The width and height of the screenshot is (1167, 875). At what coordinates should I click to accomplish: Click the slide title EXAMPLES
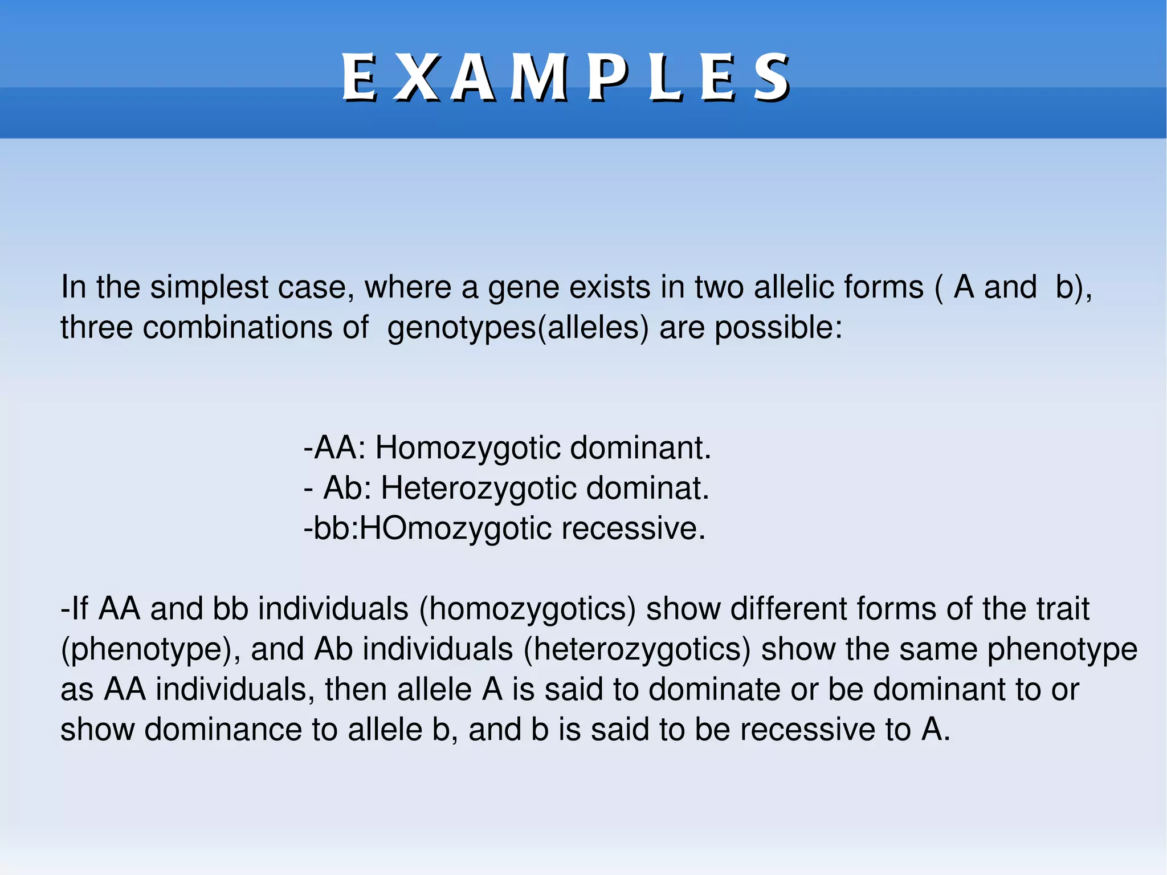tap(565, 78)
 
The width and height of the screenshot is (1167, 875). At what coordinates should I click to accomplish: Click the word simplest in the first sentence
tap(209, 287)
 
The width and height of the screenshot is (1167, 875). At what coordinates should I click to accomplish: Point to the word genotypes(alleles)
tap(517, 329)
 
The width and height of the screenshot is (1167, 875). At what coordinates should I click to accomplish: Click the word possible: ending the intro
tap(778, 329)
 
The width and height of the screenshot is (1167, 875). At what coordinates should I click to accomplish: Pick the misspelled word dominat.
tap(647, 489)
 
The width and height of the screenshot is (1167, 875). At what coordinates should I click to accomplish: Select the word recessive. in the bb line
tap(633, 528)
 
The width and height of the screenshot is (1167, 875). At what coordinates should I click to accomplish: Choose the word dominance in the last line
tap(223, 730)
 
